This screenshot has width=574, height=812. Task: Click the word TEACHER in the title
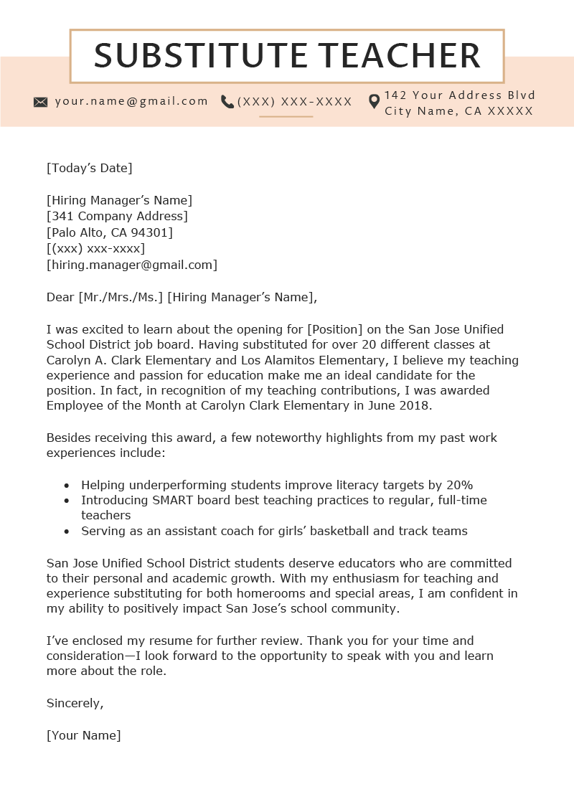coord(400,56)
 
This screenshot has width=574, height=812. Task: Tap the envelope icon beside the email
coord(41,102)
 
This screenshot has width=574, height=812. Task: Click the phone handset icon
coord(227,102)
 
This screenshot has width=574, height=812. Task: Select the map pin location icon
coord(374,102)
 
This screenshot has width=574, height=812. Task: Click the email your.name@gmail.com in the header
coord(131,101)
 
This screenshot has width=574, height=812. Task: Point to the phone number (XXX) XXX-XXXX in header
coord(295,102)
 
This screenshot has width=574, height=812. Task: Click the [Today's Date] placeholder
coord(90,168)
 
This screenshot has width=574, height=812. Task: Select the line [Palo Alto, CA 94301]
coord(110,232)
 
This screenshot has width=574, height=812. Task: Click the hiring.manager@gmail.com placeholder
coord(132,265)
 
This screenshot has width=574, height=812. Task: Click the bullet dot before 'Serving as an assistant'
coord(66,532)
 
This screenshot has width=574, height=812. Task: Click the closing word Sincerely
coord(75,703)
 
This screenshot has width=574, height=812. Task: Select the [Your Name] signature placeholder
coord(84,735)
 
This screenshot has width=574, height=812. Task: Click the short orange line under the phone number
coord(286,116)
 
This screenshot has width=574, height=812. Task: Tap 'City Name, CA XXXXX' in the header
coord(459,111)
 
